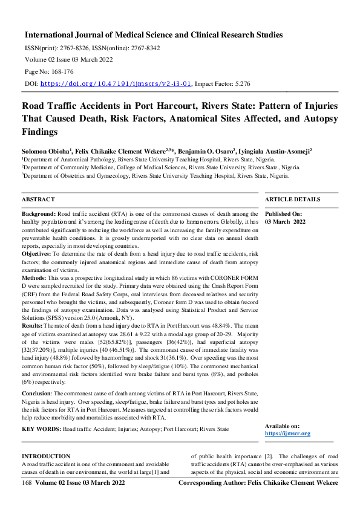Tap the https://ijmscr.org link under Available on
point(287,433)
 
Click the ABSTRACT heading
point(38,199)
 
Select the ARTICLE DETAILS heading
point(293,199)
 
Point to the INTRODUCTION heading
point(46,456)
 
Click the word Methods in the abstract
point(36,277)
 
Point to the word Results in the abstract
point(34,325)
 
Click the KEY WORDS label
point(41,429)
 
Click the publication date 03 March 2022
point(286,222)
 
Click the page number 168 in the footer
point(27,484)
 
